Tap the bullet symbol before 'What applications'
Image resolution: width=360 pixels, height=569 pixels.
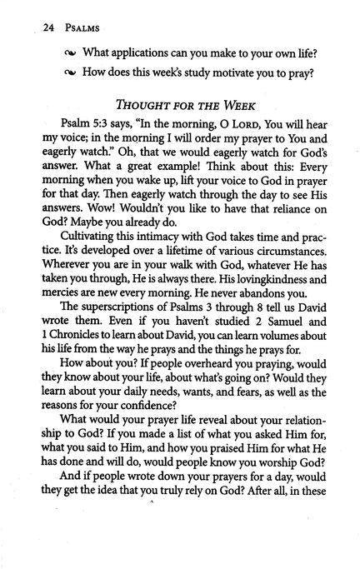[69, 55]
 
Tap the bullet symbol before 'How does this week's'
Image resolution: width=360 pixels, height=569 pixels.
[69, 77]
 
